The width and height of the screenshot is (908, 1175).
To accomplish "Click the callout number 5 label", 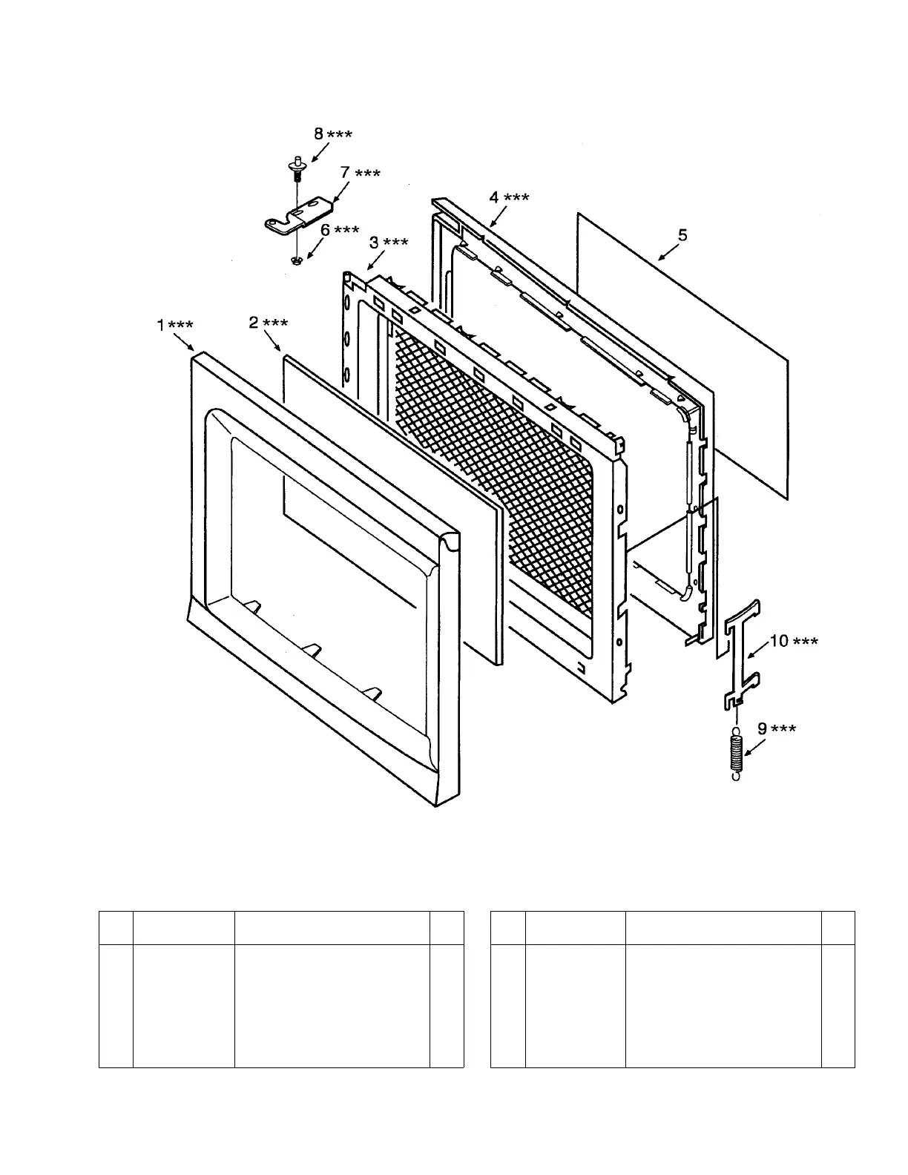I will [682, 234].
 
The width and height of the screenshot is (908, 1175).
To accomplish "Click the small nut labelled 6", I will [296, 260].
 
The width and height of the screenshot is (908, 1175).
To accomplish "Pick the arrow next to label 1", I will [183, 342].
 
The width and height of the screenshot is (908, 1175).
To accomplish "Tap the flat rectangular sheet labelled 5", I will [682, 356].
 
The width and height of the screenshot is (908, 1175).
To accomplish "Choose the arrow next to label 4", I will [498, 216].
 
